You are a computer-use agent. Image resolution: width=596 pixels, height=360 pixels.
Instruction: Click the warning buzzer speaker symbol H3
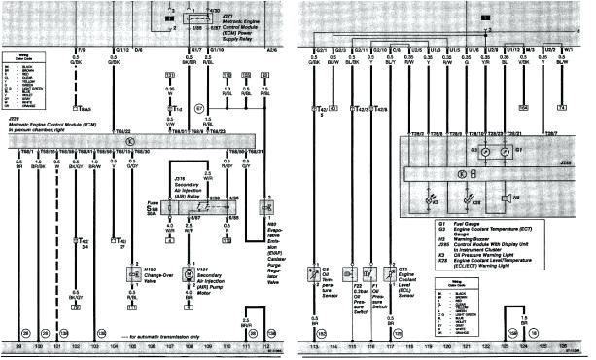point(506,198)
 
